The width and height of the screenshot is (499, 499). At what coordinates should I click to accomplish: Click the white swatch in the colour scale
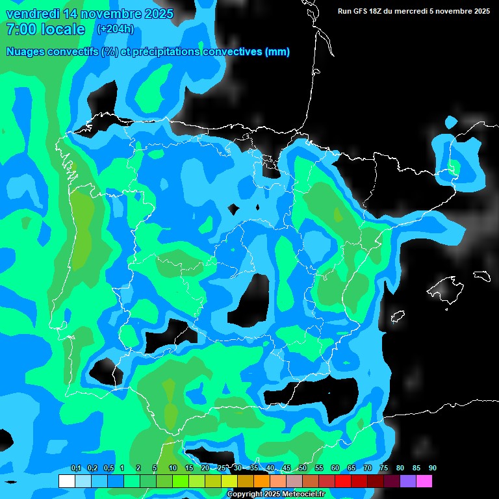(x=66, y=481)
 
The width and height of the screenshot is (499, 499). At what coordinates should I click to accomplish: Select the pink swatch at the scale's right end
(x=424, y=481)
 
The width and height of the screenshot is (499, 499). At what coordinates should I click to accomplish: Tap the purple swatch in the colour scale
(x=408, y=481)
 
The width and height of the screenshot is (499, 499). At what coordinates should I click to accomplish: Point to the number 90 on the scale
(x=432, y=468)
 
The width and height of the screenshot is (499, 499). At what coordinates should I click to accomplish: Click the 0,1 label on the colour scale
(x=75, y=468)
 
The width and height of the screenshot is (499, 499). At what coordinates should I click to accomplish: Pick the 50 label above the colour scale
(x=303, y=468)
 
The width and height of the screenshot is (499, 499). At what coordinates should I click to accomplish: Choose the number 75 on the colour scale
(x=383, y=468)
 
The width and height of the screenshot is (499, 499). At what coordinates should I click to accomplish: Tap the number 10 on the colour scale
(x=173, y=468)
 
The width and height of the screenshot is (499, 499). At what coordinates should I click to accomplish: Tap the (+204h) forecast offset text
(x=115, y=29)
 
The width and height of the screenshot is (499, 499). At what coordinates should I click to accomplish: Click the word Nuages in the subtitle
(x=26, y=52)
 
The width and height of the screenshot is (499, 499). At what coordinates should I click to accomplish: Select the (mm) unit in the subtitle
(x=277, y=52)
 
